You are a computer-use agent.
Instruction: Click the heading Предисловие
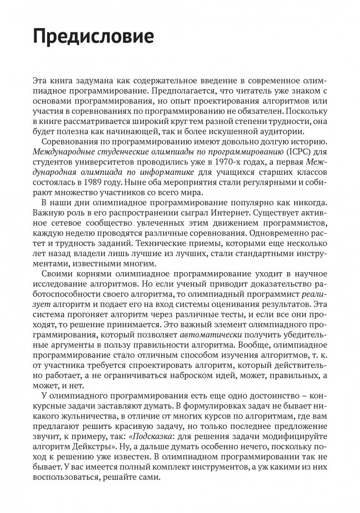pyautogui.click(x=93, y=37)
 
